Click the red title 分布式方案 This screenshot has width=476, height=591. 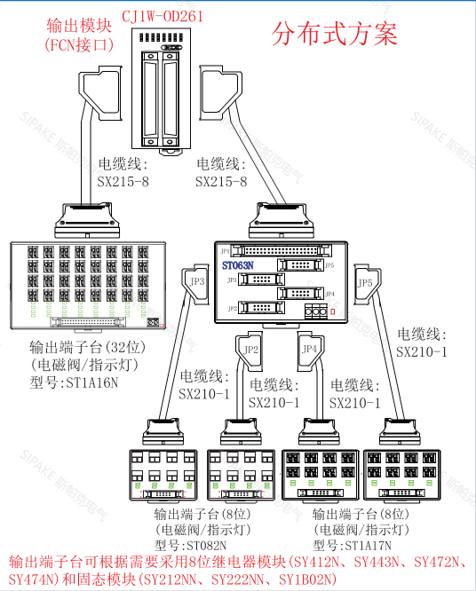tap(335, 33)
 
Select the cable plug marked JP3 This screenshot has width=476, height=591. tap(195, 281)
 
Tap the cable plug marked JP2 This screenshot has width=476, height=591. tap(250, 350)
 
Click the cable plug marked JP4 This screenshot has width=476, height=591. tap(310, 350)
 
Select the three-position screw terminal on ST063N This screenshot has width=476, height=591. tap(314, 311)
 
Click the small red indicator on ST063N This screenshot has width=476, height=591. tap(332, 311)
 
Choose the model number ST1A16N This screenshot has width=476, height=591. tap(85, 383)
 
